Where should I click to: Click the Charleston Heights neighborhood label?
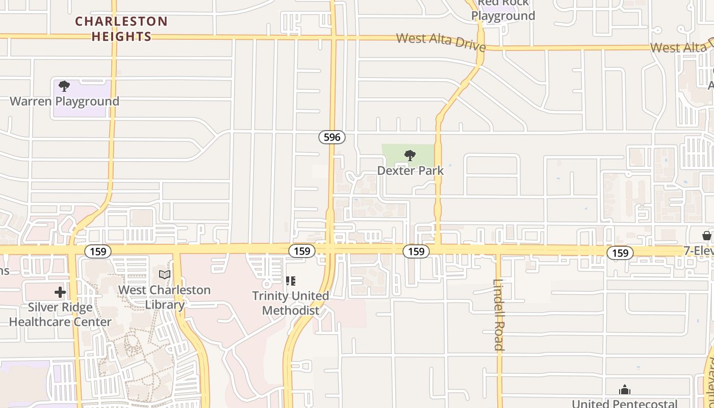point(121,29)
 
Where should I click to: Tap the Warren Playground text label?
point(64,101)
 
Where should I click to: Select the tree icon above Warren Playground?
point(64,86)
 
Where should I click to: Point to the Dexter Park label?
point(411,170)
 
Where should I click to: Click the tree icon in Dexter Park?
point(410,156)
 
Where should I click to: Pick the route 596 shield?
point(332,137)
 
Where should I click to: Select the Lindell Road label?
point(499,315)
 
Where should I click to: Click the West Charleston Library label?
point(164,297)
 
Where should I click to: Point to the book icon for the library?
point(164,275)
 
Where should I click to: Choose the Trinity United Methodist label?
point(291,303)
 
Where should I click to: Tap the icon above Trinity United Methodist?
point(291,280)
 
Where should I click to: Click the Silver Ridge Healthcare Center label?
point(60,315)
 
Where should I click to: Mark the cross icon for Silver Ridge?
point(60,292)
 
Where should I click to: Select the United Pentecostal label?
point(625,403)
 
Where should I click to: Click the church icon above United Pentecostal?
point(625,391)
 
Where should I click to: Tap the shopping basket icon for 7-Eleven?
point(706,236)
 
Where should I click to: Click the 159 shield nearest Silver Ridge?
point(98,251)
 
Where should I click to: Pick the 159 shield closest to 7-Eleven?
point(620,253)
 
